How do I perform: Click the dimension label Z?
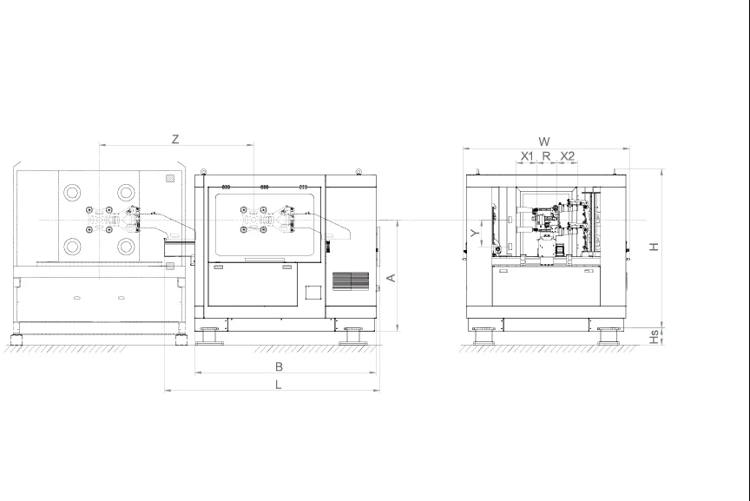(175, 139)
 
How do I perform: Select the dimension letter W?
(544, 141)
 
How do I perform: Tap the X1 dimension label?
(527, 156)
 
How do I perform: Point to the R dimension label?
(546, 156)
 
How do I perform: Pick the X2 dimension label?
(568, 156)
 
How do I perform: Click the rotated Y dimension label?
(474, 234)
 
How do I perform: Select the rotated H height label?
(655, 247)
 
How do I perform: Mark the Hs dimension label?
(655, 335)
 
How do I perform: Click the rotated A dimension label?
(391, 277)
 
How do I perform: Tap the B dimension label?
(279, 366)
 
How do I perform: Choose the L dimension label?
(279, 385)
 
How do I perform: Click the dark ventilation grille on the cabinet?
(352, 280)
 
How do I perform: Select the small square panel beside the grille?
(313, 293)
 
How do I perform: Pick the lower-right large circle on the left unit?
(127, 246)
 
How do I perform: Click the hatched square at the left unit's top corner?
(171, 178)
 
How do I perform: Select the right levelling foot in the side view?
(609, 335)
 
